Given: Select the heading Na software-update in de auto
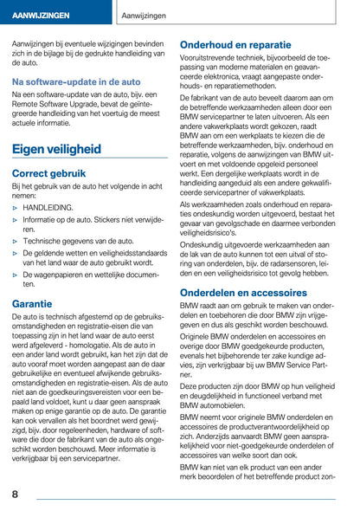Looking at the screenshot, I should pyautogui.click(x=76, y=81).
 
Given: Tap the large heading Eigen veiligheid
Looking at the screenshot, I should pyautogui.click(x=68, y=149).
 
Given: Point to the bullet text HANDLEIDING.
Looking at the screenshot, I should pyautogui.click(x=48, y=209).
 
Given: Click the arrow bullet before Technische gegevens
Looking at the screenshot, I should pyautogui.click(x=16, y=241).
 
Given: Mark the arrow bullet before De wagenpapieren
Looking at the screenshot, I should pyautogui.click(x=16, y=274).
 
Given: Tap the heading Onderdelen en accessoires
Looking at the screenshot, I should pyautogui.click(x=249, y=293).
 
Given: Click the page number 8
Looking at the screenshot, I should pyautogui.click(x=16, y=494).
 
